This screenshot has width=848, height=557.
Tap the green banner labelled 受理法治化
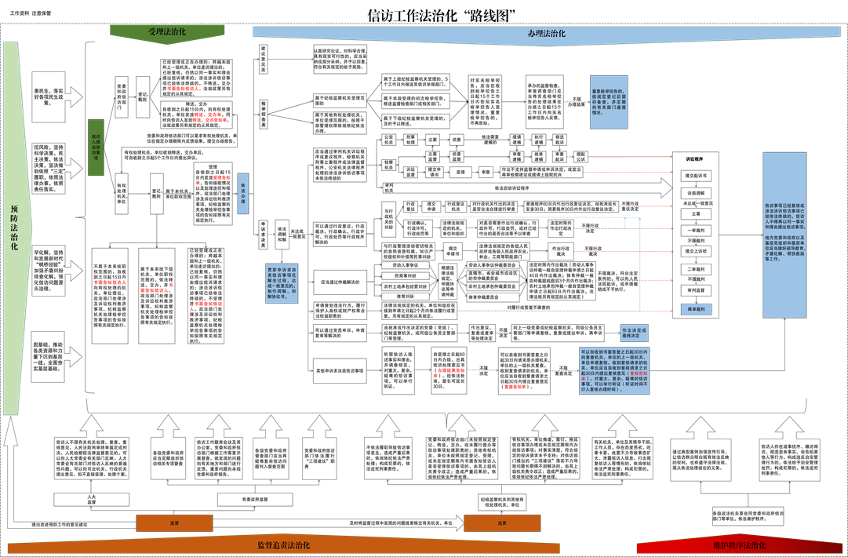coord(167,32)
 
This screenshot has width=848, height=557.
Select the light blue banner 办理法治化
coord(546,34)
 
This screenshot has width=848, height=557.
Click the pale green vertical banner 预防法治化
coord(15,228)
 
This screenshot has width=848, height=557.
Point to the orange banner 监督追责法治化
coord(283,545)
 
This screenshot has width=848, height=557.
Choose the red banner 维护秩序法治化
coord(739,545)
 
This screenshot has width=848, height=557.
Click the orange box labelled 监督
coord(174,522)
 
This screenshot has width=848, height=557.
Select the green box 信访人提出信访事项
coord(95,147)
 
